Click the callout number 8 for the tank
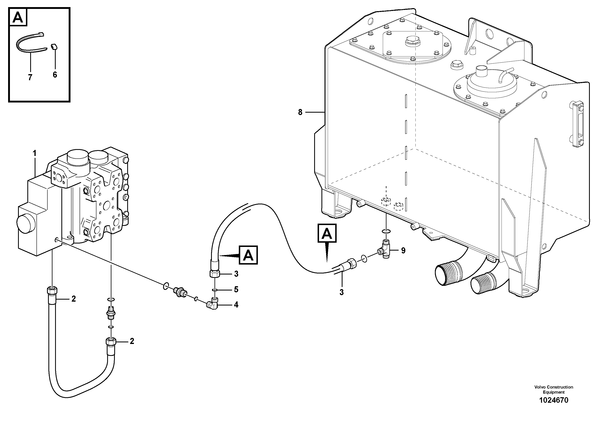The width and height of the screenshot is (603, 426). coord(300,112)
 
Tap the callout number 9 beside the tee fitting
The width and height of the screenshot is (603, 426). coord(403,251)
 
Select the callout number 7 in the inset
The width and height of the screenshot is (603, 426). coord(30,77)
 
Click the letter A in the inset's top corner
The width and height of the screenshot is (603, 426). coord(18,17)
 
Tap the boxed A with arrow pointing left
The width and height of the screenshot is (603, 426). coord(248,255)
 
